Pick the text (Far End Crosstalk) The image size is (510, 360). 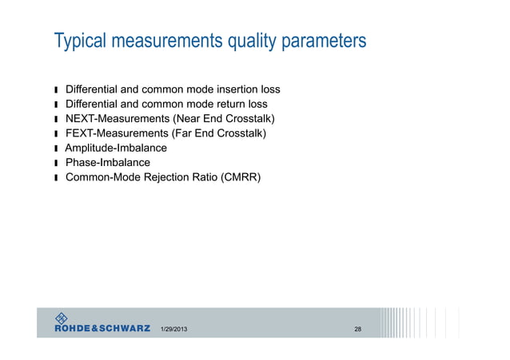tap(218, 133)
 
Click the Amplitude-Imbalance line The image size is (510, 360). tap(116, 148)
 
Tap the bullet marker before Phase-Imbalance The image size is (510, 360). tap(57, 164)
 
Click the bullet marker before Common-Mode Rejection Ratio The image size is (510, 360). tap(57, 178)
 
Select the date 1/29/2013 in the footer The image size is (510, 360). tap(175, 330)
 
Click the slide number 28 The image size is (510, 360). tap(357, 330)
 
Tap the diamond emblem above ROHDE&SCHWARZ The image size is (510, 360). tap(63, 316)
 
